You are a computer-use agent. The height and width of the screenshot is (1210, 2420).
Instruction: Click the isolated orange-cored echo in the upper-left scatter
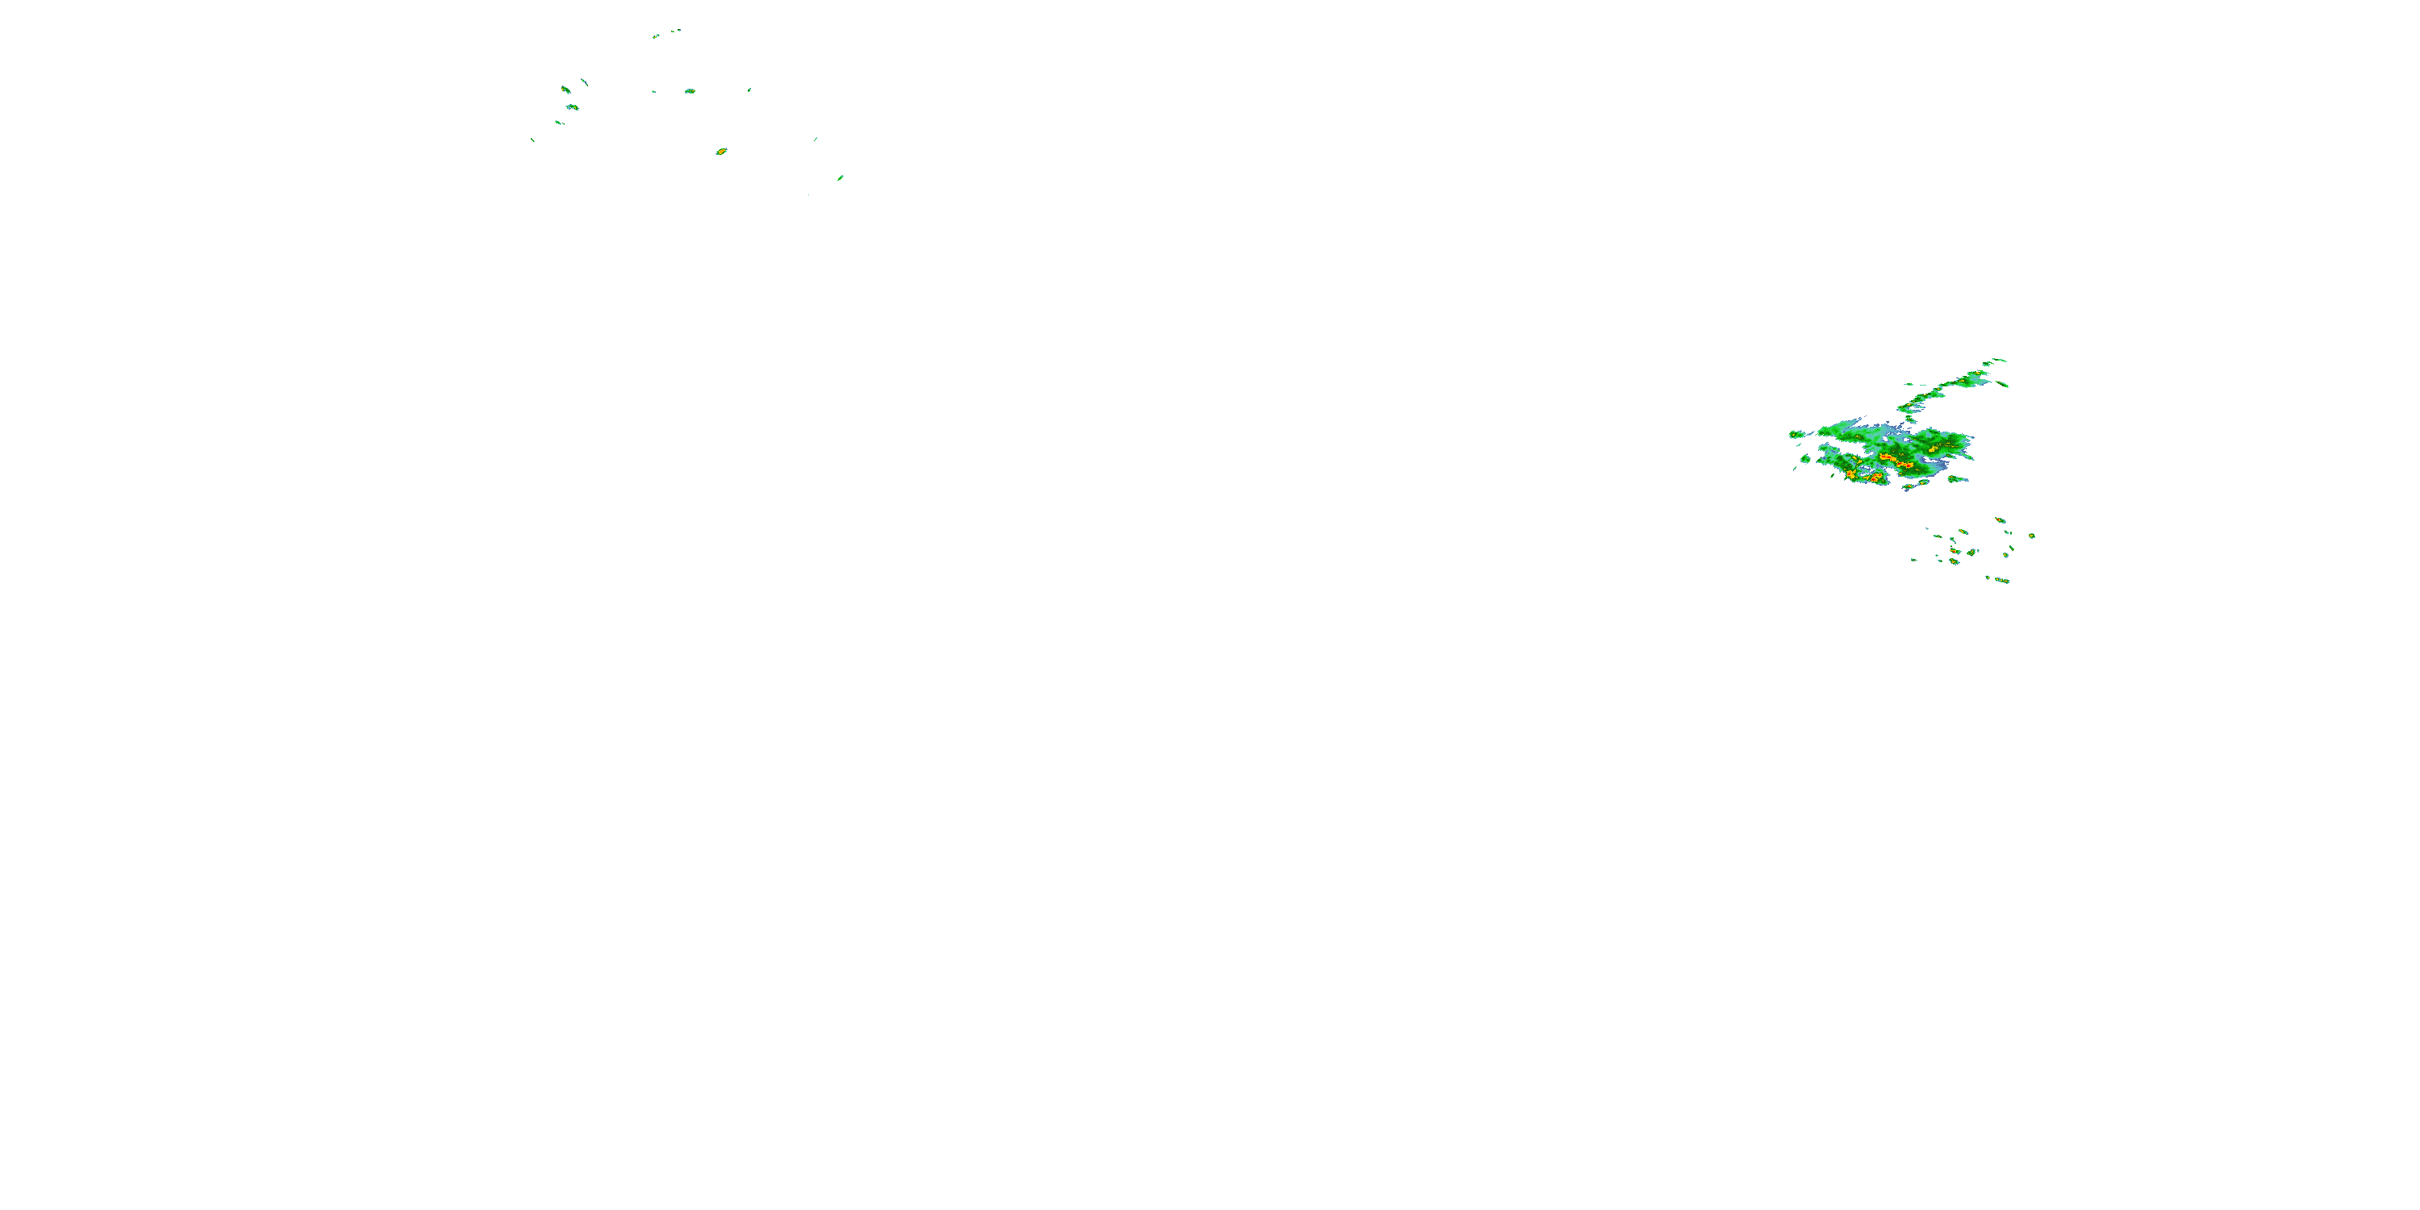721,152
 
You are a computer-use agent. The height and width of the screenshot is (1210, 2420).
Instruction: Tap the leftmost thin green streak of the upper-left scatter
532,140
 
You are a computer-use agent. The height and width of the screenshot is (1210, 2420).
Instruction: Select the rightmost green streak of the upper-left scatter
840,177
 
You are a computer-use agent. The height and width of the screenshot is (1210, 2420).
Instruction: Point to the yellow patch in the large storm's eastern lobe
1934,449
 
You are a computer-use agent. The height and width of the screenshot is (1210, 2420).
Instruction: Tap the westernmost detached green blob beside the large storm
1796,434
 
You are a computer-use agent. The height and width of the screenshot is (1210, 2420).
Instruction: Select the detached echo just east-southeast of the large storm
1957,479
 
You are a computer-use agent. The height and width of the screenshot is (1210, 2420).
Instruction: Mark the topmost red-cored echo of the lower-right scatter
2000,519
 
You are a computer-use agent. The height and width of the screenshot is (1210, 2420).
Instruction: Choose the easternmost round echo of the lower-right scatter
2032,536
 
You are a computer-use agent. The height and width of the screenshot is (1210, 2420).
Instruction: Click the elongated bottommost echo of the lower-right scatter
2002,581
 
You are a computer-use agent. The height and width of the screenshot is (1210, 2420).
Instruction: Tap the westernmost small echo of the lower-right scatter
1913,560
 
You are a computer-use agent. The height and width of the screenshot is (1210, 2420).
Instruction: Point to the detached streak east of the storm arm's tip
2003,384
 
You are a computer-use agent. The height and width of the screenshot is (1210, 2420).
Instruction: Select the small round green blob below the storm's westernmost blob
1805,458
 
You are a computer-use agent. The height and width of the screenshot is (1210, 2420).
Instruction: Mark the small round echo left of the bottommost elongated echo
1988,578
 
